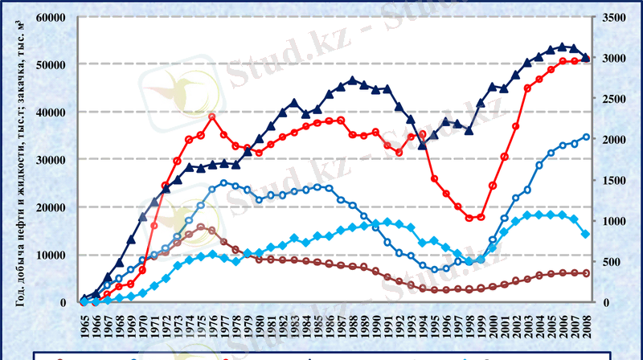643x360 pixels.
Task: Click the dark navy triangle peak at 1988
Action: [x=353, y=80]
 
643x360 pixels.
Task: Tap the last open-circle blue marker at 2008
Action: [x=586, y=137]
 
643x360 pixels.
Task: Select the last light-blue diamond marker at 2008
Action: [x=586, y=234]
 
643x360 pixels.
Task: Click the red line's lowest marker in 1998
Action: [x=469, y=218]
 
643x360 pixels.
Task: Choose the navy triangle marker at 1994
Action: [x=423, y=145]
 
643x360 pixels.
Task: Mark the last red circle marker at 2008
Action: [x=586, y=59]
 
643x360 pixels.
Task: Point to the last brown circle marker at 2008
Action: [x=586, y=273]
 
